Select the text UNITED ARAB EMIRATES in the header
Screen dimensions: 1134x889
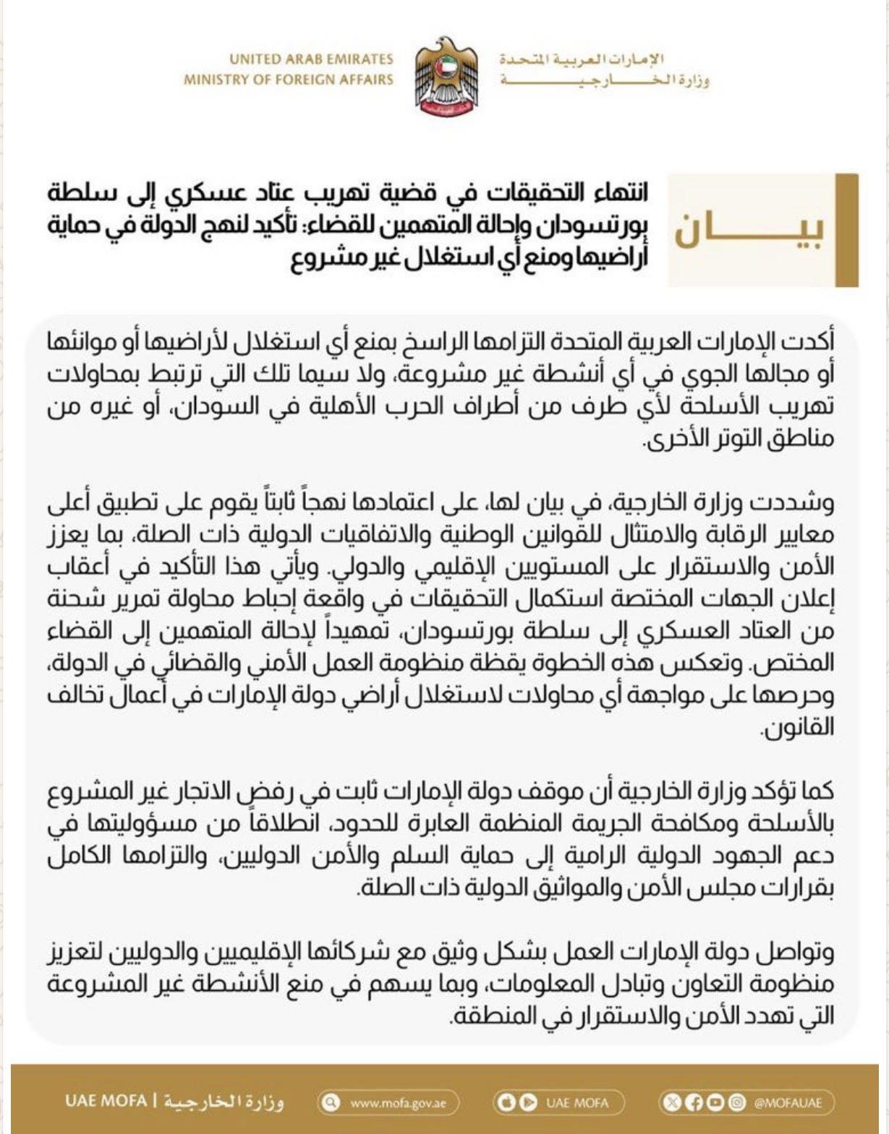tap(311, 59)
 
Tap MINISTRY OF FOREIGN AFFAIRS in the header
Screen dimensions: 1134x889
tap(288, 80)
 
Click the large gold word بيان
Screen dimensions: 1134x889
tap(749, 231)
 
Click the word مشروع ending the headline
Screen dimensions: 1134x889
tap(322, 259)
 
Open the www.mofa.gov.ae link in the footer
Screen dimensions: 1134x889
tap(398, 1103)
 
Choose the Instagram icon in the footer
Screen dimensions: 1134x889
tap(736, 1103)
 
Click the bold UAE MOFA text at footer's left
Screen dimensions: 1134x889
tap(106, 1101)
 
